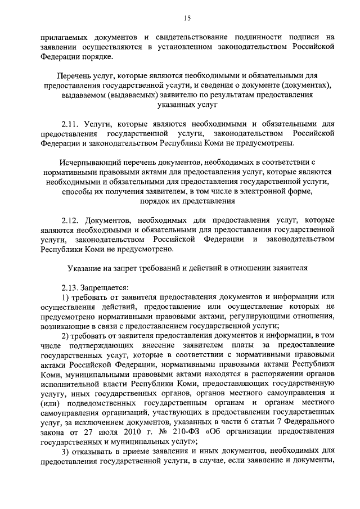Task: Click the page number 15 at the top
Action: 180,17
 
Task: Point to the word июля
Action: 99,431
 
